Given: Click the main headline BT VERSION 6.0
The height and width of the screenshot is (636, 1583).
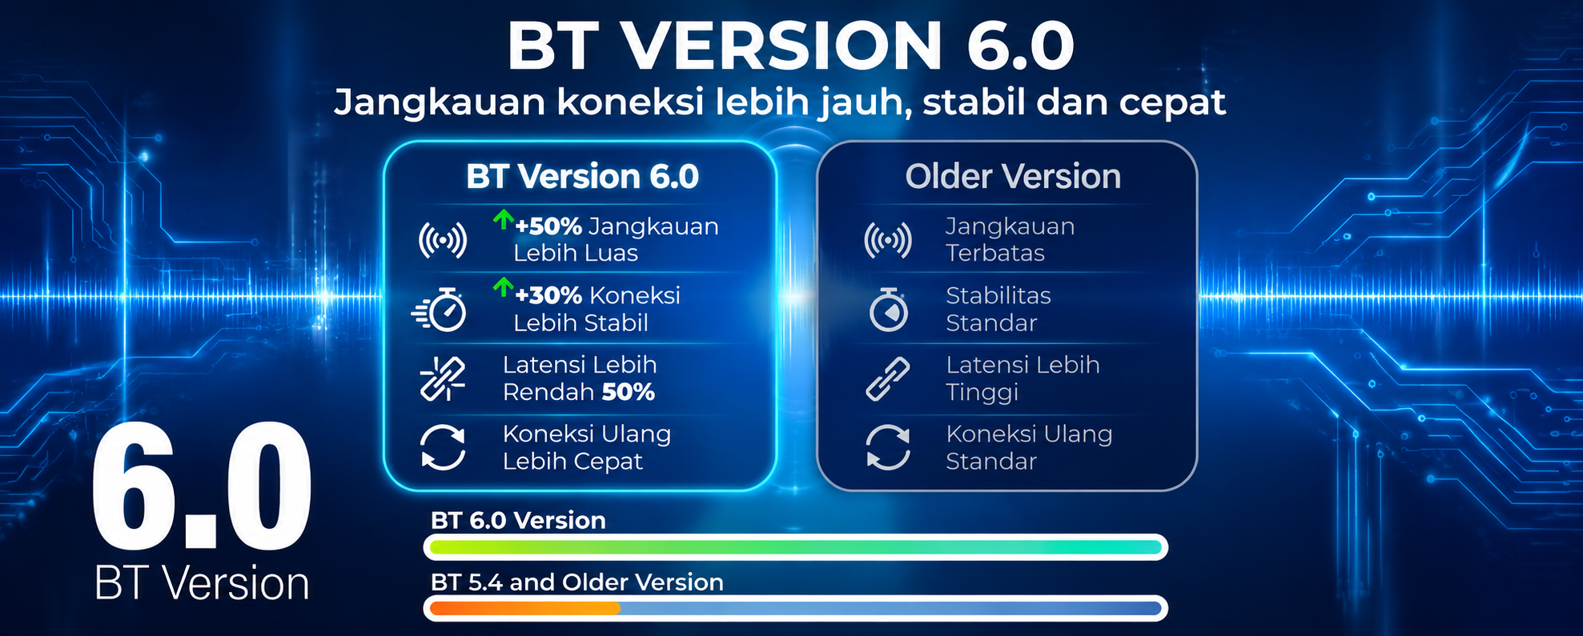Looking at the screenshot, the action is (790, 46).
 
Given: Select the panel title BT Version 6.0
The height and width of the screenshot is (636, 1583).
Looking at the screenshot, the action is (582, 176).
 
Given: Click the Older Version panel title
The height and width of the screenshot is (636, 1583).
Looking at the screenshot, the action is (1013, 176).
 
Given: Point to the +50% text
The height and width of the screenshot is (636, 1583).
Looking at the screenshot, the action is (548, 226).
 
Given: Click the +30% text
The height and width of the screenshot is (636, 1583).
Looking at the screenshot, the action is (548, 295).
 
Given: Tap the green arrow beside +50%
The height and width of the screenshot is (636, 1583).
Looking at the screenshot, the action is (503, 218).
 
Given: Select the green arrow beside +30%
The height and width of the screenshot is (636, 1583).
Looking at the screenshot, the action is (503, 286).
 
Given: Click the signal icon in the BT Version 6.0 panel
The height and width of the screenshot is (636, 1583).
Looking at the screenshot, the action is (443, 240).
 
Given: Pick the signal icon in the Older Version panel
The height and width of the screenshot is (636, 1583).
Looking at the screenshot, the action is (888, 240).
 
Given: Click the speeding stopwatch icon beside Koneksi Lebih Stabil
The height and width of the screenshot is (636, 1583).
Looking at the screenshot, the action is (440, 309).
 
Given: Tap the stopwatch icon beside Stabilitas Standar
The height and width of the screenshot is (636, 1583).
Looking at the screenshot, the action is (889, 310).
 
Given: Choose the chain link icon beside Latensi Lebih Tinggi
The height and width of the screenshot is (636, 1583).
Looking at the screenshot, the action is (888, 378).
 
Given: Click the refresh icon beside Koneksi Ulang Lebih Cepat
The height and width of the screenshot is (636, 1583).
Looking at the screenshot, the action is (443, 447).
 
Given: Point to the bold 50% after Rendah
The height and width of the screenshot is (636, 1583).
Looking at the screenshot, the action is (629, 392).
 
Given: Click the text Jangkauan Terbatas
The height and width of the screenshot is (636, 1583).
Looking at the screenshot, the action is (1010, 240).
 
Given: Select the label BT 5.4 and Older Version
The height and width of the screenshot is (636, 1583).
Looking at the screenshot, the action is (577, 582).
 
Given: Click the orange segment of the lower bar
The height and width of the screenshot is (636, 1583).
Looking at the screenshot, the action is (525, 609).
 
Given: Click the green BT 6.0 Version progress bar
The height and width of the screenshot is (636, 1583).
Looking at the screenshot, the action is (796, 547).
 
